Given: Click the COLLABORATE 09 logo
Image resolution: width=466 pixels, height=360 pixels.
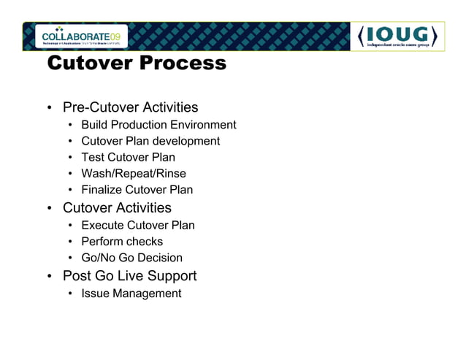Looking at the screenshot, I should (84, 36).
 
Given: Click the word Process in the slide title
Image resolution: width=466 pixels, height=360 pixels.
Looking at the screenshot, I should (180, 64).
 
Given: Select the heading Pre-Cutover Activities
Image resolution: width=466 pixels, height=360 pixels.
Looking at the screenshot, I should (130, 107).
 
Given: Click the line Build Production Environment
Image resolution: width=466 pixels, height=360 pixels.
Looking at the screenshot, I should (158, 125).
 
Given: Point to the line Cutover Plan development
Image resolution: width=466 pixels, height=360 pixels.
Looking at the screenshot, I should (150, 141).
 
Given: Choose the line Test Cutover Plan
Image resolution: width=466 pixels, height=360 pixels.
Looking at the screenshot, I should (128, 157).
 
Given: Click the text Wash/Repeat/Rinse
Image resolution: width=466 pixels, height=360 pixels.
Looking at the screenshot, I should (134, 173).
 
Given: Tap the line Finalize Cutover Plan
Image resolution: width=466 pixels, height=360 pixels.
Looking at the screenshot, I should (137, 189).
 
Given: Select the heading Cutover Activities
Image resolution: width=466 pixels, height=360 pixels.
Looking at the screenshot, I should (117, 208).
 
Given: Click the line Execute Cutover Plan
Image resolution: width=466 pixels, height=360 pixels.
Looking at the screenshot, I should (138, 225).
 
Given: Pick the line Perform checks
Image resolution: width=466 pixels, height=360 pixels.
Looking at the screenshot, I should (122, 241).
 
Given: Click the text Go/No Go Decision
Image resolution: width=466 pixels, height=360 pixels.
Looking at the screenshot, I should (132, 257).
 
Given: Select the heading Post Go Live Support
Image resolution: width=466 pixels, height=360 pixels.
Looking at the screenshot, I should (129, 276).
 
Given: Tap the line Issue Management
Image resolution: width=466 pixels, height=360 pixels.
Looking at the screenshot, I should (131, 293).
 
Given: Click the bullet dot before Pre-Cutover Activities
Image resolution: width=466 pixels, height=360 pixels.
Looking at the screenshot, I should (50, 109).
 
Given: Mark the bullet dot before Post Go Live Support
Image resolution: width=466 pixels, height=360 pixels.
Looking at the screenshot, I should (50, 277).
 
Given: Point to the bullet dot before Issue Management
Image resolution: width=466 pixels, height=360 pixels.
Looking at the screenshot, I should (70, 294).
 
